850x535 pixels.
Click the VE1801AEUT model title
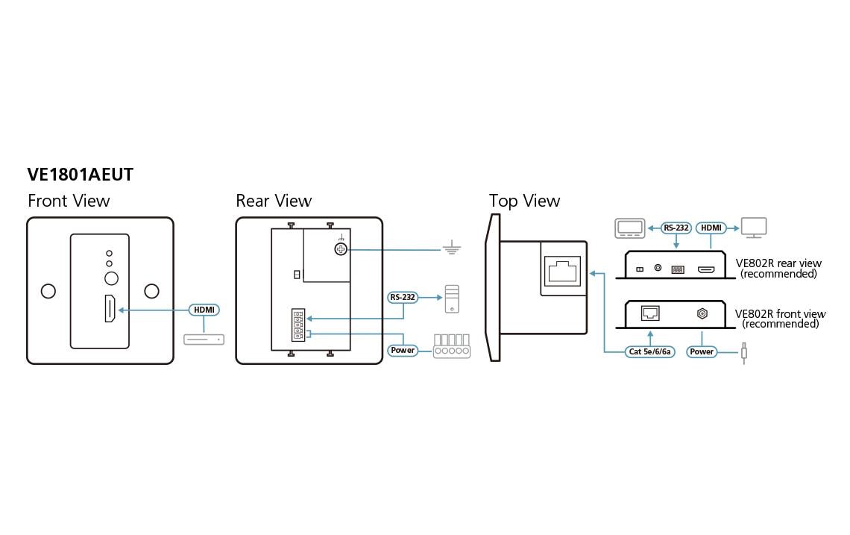pyautogui.click(x=81, y=175)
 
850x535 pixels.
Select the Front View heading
pyautogui.click(x=69, y=201)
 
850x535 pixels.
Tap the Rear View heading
pyautogui.click(x=274, y=201)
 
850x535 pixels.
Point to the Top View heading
pyautogui.click(x=524, y=201)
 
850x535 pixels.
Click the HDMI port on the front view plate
pyautogui.click(x=110, y=310)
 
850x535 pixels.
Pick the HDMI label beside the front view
pyautogui.click(x=204, y=310)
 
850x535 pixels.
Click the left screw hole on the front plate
pyautogui.click(x=48, y=291)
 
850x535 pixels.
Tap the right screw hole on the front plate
pyautogui.click(x=152, y=291)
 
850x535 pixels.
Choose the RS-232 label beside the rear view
pyautogui.click(x=403, y=297)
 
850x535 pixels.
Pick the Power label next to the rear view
pyautogui.click(x=403, y=350)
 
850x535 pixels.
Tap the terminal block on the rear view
pyautogui.click(x=298, y=325)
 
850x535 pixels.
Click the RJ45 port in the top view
pyautogui.click(x=561, y=271)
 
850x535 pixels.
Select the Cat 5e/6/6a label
pyautogui.click(x=649, y=351)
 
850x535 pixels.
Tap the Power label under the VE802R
pyautogui.click(x=702, y=351)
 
